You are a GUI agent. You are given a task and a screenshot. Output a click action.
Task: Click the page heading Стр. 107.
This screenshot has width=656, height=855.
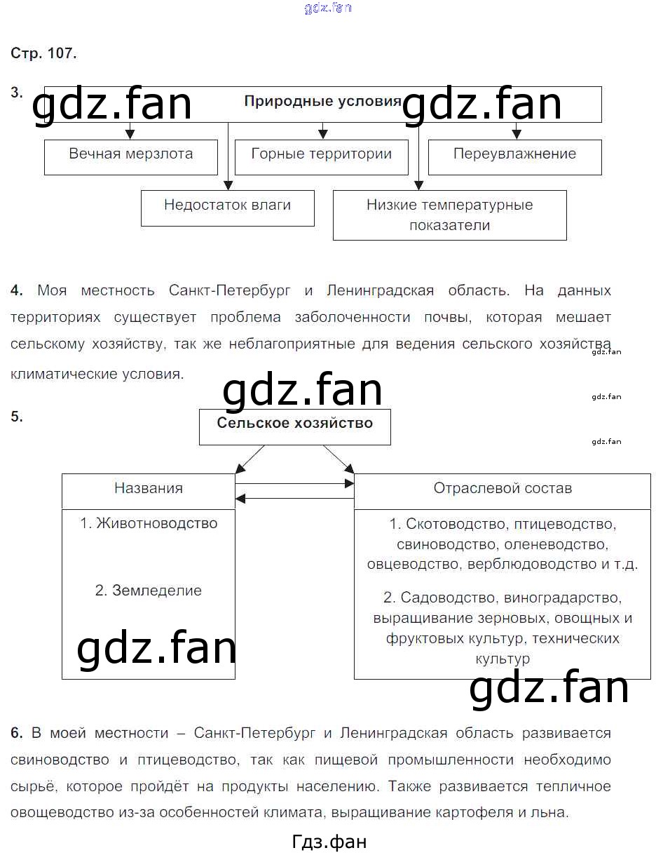[43, 53]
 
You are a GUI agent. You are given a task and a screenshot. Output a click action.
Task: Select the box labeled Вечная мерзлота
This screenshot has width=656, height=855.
[131, 157]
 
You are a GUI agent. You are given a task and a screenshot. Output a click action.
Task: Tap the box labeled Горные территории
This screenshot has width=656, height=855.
[322, 157]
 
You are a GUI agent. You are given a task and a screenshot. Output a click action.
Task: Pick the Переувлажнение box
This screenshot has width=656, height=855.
[515, 157]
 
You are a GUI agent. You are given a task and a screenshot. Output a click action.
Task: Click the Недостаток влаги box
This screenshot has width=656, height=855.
[228, 208]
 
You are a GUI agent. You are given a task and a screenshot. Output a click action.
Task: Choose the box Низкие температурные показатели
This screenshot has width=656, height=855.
[450, 215]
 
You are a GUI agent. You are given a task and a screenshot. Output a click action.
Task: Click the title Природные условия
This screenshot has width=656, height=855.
[322, 102]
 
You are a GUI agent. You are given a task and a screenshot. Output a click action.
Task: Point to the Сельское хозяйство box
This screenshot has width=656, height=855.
[295, 427]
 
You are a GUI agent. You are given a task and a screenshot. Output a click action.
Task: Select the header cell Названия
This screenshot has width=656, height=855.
[149, 492]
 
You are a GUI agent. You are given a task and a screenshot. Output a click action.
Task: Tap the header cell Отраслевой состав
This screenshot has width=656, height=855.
[503, 492]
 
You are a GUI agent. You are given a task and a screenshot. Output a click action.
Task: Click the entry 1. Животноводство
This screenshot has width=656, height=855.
[149, 523]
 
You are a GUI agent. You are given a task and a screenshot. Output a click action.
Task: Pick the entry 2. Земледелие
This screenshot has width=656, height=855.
[149, 590]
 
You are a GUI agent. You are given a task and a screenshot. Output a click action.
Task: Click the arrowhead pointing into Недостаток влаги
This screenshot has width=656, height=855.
[228, 185]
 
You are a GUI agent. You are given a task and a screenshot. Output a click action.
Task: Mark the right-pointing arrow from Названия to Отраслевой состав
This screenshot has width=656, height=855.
[295, 483]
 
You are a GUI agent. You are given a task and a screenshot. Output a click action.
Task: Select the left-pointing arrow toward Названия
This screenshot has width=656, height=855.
[295, 499]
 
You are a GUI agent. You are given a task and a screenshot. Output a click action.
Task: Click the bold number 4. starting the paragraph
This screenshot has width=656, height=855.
[17, 290]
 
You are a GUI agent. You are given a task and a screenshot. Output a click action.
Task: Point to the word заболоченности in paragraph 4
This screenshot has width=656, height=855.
[353, 317]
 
